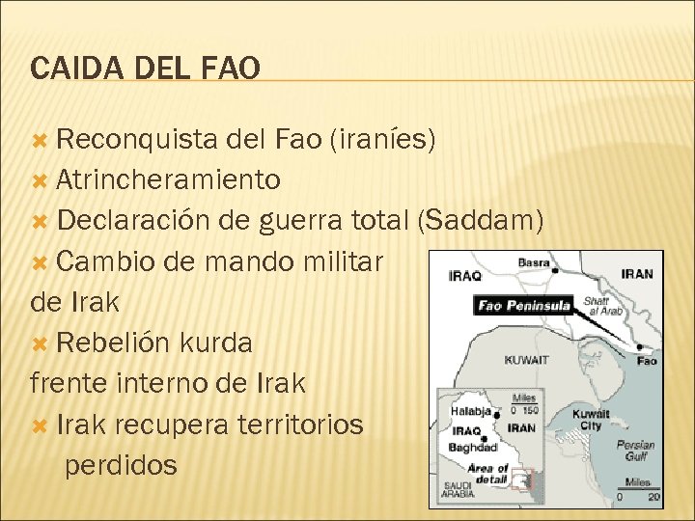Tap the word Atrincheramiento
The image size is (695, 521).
pos(168,179)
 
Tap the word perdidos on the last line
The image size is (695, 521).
pos(121,465)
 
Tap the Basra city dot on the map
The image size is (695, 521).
pos(555,272)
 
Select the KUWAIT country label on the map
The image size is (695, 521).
pos(526,360)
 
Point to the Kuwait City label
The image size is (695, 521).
pos(591,420)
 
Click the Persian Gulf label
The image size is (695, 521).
pos(635,451)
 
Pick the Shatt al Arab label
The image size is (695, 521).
pos(603,307)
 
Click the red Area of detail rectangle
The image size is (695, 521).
pos(522,479)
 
